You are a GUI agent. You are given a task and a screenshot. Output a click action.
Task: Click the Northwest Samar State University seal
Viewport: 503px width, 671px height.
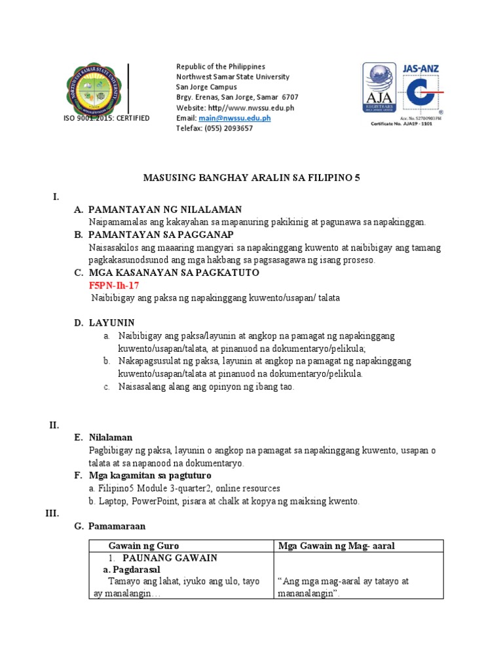(93, 90)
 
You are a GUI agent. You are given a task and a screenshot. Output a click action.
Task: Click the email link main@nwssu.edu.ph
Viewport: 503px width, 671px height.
(234, 118)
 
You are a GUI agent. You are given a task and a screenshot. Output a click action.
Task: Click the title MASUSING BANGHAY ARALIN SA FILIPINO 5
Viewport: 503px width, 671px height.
(251, 178)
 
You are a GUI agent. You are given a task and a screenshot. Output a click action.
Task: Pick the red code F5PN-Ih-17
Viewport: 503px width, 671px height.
(113, 286)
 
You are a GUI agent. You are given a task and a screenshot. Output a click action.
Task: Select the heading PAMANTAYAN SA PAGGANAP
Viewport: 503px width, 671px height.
(161, 235)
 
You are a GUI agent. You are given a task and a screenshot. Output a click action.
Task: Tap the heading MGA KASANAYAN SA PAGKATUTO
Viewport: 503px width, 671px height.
(172, 273)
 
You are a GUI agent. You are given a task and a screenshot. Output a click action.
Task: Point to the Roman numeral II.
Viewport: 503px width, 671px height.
(54, 425)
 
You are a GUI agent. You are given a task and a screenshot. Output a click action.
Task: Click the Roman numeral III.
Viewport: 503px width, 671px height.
(52, 513)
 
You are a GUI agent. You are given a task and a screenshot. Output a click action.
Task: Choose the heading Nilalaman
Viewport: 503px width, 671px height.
(110, 438)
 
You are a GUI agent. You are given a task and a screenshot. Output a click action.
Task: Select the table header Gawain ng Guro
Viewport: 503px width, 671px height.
(143, 546)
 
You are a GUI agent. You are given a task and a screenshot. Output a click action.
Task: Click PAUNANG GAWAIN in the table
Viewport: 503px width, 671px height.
(170, 558)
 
